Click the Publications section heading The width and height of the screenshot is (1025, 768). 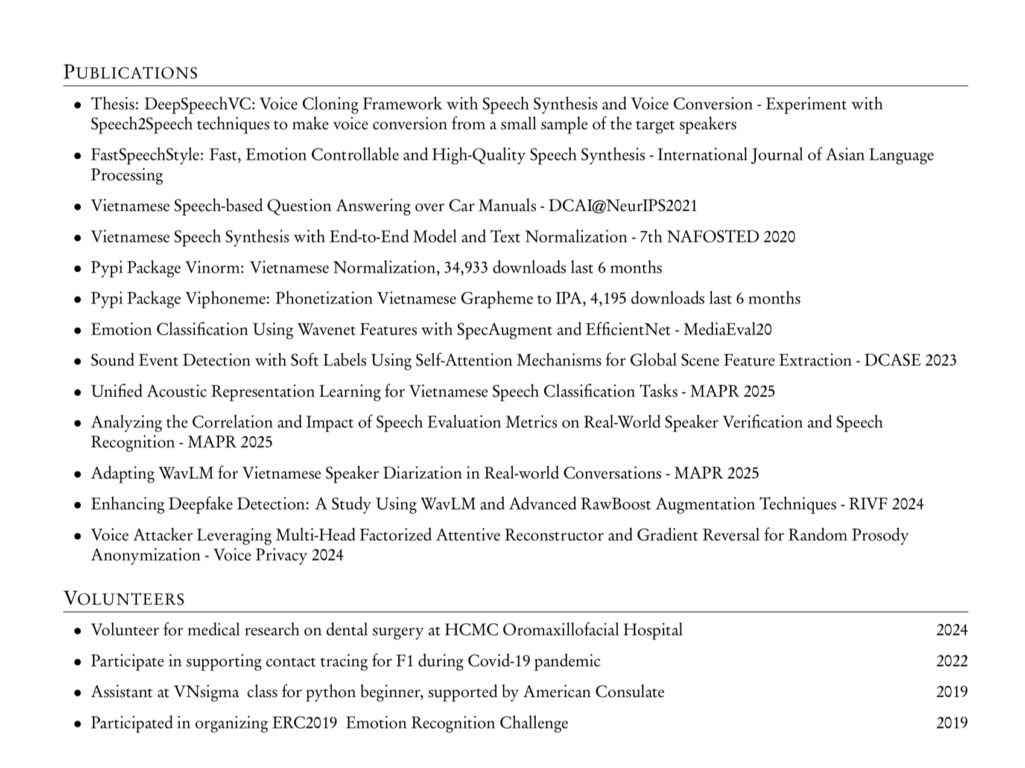click(131, 72)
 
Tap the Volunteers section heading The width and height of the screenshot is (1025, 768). click(124, 598)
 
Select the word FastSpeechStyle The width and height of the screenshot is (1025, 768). click(147, 155)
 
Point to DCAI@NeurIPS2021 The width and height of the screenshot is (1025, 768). click(622, 206)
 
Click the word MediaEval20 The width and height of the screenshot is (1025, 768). click(728, 330)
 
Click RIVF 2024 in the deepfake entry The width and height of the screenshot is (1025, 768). click(886, 504)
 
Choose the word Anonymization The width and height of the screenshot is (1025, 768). click(145, 555)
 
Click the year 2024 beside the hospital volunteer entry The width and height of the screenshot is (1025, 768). click(951, 630)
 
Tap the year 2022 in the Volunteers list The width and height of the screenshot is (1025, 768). click(951, 661)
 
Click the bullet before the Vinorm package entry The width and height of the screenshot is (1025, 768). click(78, 269)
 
